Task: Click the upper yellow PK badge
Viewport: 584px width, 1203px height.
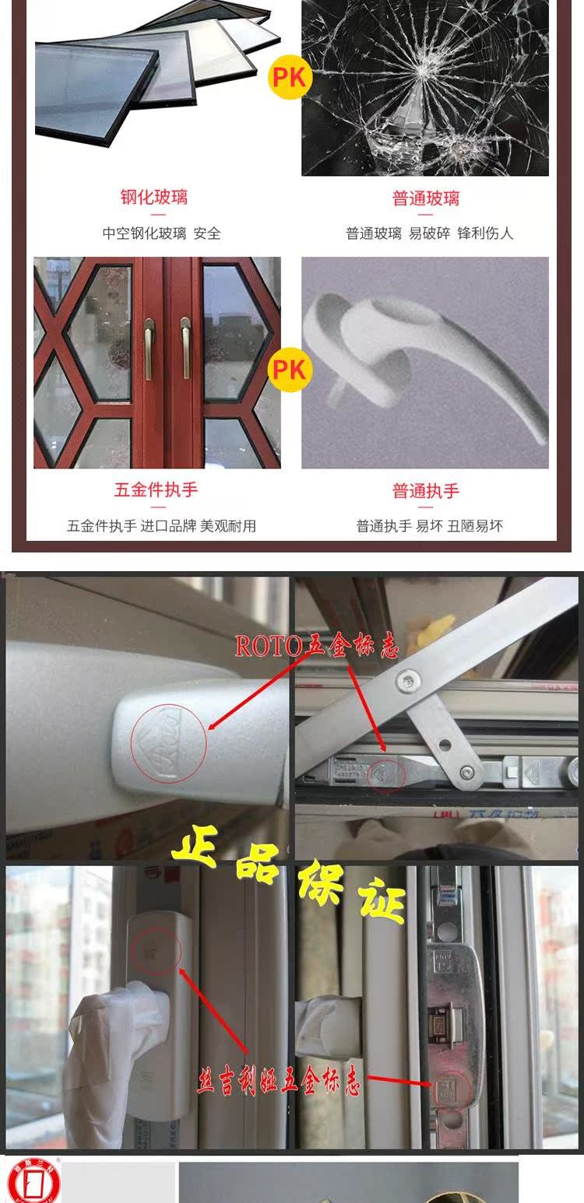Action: click(290, 76)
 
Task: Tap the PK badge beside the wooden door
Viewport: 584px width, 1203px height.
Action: click(290, 368)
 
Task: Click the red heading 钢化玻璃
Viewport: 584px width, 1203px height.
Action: click(154, 198)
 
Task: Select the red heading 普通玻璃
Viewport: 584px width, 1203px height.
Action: click(425, 198)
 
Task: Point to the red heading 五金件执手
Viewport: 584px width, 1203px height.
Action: click(156, 490)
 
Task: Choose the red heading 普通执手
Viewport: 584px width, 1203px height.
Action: click(425, 491)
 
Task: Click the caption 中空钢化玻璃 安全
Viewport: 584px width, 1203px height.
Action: click(162, 233)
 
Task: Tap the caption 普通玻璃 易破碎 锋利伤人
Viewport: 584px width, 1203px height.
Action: click(430, 233)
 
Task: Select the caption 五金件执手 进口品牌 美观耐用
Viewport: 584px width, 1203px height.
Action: click(161, 526)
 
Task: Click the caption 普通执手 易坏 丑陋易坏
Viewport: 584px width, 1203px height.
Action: click(430, 526)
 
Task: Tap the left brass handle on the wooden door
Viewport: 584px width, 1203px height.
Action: click(149, 348)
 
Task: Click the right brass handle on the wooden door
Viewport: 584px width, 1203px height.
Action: click(185, 348)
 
